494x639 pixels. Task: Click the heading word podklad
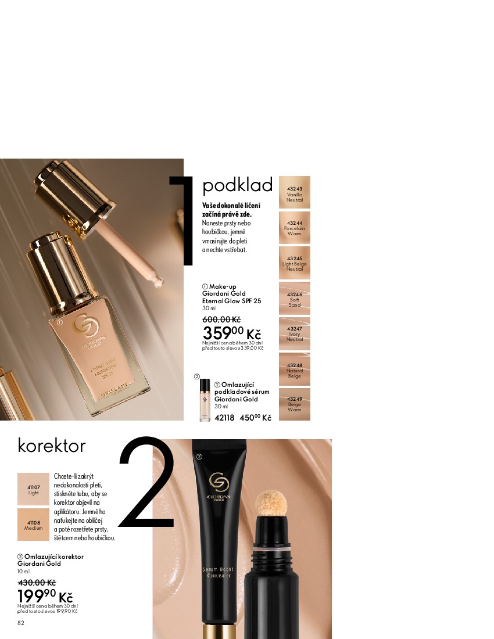[x=237, y=185]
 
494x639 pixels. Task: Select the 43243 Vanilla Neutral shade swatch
[x=294, y=192]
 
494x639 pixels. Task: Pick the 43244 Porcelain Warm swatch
[x=294, y=228]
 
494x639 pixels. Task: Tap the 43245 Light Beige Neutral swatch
[x=294, y=263]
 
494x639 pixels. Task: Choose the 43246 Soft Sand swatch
[x=294, y=299]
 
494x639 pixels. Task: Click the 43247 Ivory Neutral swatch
[x=294, y=334]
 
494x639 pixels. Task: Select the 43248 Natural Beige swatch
[x=294, y=369]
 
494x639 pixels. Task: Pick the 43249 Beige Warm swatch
[x=294, y=404]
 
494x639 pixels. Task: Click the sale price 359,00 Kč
[x=231, y=333]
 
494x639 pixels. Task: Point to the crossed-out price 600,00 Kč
[x=222, y=319]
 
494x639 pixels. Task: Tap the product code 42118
[x=224, y=418]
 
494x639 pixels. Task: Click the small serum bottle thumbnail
[x=205, y=400]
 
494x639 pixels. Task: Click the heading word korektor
[x=52, y=446]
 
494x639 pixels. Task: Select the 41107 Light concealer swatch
[x=33, y=489]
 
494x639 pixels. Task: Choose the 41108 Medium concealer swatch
[x=33, y=525]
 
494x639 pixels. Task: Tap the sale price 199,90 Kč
[x=45, y=596]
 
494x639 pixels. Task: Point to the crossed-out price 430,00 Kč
[x=37, y=583]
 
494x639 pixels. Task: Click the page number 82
[x=21, y=623]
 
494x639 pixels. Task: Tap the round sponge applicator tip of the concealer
[x=271, y=503]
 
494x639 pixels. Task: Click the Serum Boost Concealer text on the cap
[x=218, y=572]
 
